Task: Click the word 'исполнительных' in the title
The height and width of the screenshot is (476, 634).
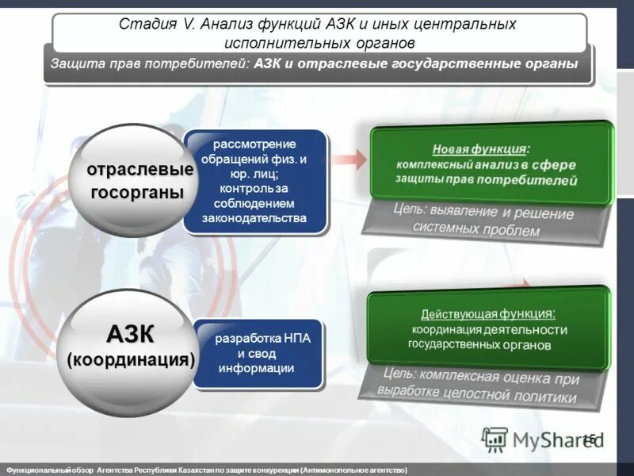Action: point(274,42)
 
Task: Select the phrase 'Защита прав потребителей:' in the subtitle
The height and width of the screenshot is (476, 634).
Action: point(151,63)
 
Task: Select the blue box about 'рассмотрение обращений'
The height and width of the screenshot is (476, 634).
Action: point(254,181)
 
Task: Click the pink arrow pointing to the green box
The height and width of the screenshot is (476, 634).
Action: point(349,159)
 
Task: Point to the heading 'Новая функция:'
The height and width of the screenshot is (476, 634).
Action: point(479,149)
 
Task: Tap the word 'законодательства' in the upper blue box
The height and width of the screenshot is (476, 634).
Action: point(254,218)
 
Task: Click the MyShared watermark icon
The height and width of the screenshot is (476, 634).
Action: point(495,439)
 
